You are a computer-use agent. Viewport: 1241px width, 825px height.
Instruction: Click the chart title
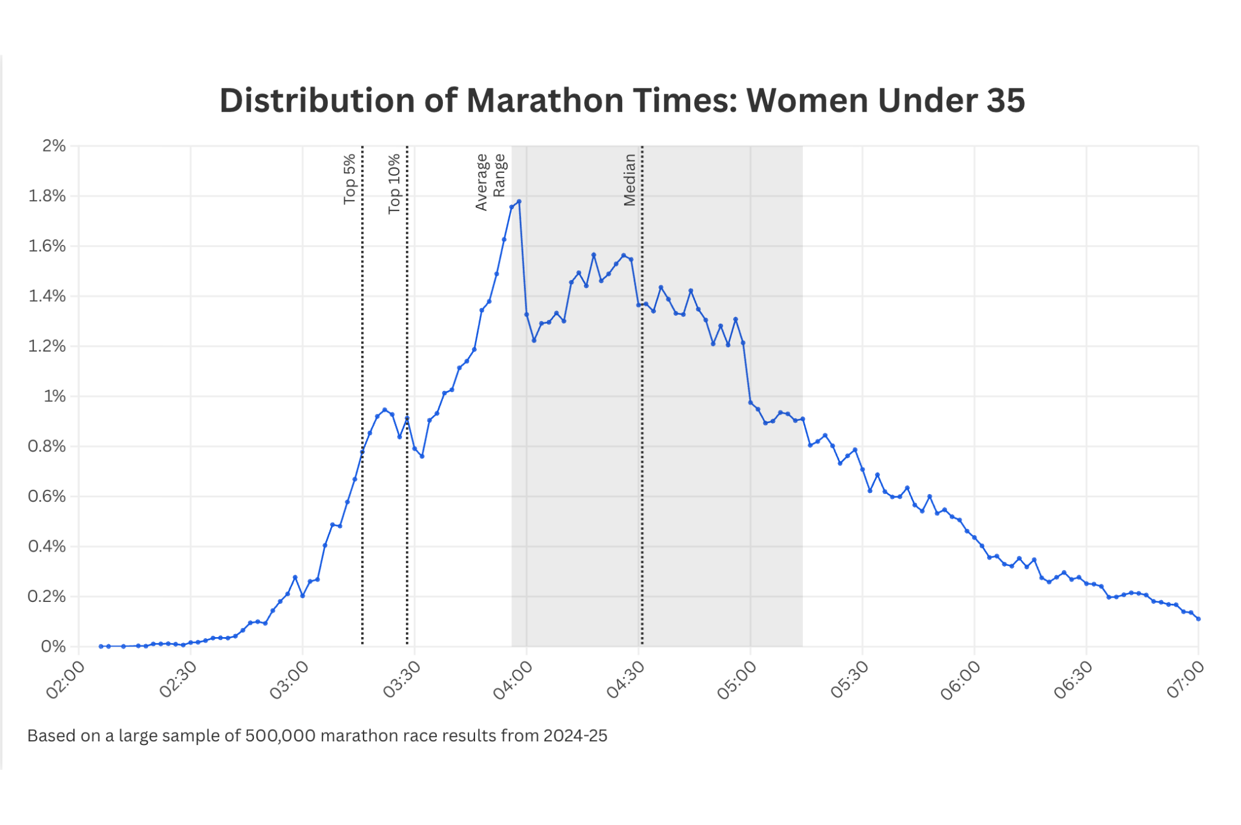pos(622,101)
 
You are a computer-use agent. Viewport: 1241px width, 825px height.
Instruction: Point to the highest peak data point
pos(519,201)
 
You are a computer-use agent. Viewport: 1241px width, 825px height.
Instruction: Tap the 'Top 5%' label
pos(350,179)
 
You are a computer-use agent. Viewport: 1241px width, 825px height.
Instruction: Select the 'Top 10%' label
pos(394,183)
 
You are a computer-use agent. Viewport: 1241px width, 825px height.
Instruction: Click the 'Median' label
pos(630,179)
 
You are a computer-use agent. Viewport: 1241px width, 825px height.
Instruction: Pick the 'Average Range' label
pos(490,181)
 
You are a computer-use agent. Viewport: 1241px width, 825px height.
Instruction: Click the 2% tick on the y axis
pos(54,146)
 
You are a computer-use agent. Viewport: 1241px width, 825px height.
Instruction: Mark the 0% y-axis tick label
pos(53,647)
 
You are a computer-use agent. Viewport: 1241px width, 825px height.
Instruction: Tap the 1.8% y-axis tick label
pos(47,196)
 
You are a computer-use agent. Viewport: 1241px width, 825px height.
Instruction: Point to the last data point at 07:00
pos(1198,619)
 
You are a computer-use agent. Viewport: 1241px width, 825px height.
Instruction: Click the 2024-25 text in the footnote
pos(575,736)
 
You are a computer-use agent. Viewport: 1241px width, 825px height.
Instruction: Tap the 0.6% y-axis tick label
pos(47,496)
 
